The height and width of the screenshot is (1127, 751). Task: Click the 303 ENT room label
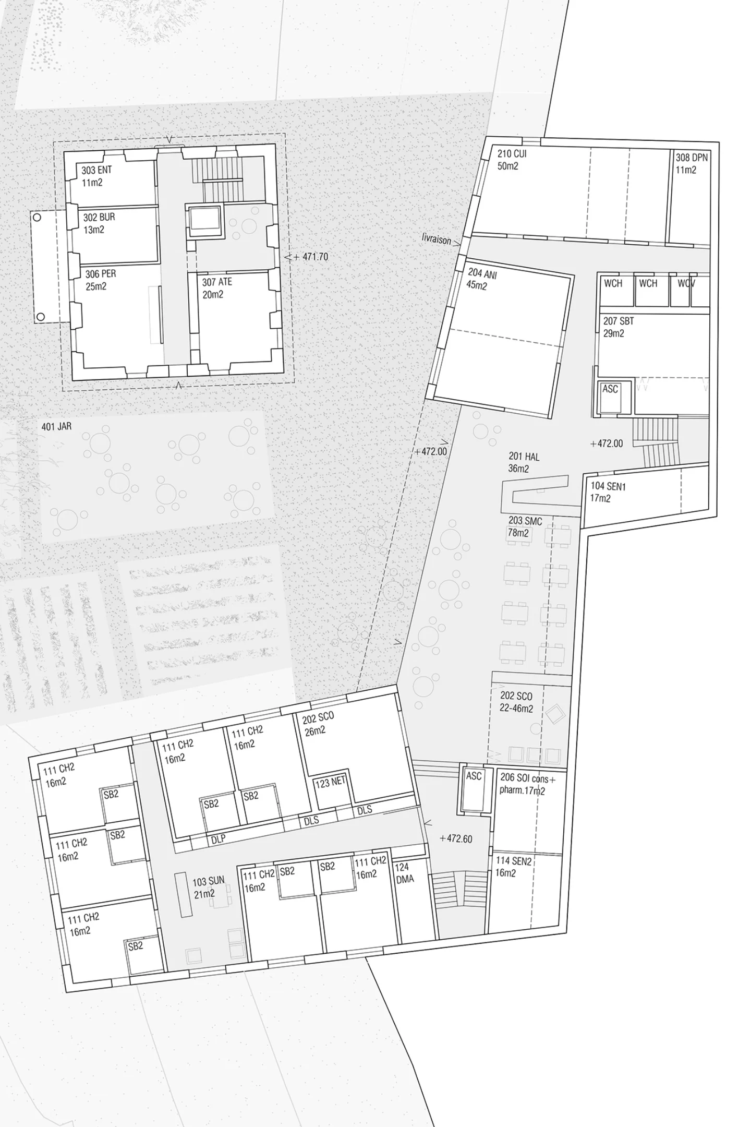(x=96, y=176)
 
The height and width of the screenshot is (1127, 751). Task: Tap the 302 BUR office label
(x=99, y=223)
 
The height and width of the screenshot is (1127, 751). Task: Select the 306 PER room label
(x=101, y=280)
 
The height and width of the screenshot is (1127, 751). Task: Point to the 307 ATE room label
(x=217, y=288)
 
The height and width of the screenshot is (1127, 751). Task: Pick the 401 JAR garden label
(x=56, y=427)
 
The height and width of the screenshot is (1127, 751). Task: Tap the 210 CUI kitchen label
(x=512, y=160)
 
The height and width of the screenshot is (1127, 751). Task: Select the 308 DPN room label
(x=692, y=163)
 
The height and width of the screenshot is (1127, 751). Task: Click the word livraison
(x=437, y=239)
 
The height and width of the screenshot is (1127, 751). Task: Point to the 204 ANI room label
(x=481, y=279)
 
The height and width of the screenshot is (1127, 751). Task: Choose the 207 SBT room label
(x=619, y=327)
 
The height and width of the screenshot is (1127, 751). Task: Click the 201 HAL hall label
(x=524, y=463)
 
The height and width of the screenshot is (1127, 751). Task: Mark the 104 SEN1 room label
(x=608, y=492)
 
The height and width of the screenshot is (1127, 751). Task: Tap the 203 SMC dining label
(x=525, y=527)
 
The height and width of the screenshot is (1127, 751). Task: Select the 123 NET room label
(x=330, y=783)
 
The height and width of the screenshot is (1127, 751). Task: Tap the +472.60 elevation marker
(x=456, y=839)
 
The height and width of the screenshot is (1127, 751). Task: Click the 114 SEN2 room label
(x=513, y=867)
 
